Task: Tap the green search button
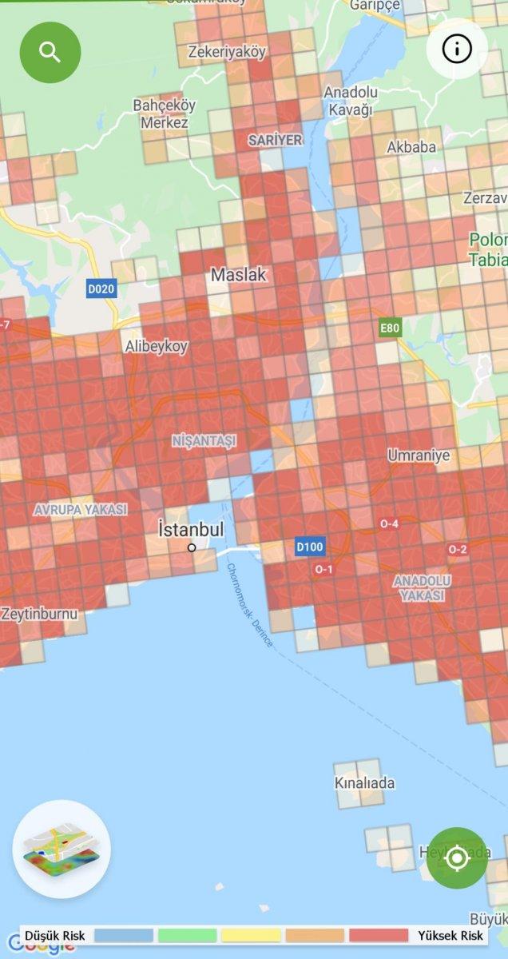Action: click(50, 53)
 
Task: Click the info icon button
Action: click(457, 49)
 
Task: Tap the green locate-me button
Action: click(457, 858)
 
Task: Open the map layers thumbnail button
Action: click(62, 849)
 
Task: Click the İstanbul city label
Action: click(191, 530)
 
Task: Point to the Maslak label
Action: click(238, 274)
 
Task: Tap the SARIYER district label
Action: click(276, 140)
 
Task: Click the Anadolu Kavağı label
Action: click(348, 101)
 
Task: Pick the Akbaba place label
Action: click(411, 147)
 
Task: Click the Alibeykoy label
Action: click(156, 346)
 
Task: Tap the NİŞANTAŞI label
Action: click(204, 440)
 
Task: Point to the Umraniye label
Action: click(419, 456)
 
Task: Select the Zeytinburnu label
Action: click(39, 615)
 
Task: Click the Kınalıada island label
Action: click(364, 782)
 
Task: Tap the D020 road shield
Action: click(102, 288)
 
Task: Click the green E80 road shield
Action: click(390, 328)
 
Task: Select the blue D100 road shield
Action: click(309, 547)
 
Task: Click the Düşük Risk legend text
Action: click(55, 935)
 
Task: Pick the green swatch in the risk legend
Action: click(187, 935)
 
